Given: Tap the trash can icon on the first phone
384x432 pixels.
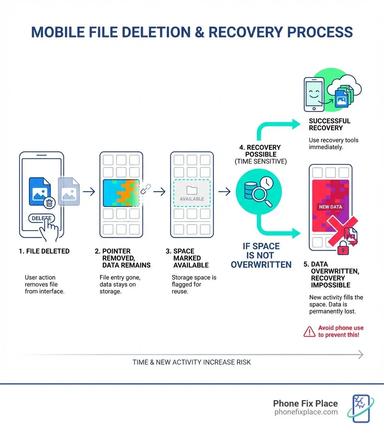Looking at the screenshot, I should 49,203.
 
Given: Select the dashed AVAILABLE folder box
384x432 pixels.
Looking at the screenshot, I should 192,192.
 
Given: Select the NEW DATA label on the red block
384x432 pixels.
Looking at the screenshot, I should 330,207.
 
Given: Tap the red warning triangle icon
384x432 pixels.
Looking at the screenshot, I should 309,332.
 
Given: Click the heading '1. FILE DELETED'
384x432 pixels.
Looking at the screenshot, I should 44,251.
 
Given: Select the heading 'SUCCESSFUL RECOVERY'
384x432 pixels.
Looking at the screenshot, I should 329,124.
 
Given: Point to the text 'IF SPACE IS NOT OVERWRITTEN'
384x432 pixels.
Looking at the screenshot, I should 261,255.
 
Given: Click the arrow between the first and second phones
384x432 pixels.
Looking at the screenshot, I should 89,192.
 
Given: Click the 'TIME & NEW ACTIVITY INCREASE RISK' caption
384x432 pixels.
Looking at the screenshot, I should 192,362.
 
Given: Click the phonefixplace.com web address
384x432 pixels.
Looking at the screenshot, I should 306,412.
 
